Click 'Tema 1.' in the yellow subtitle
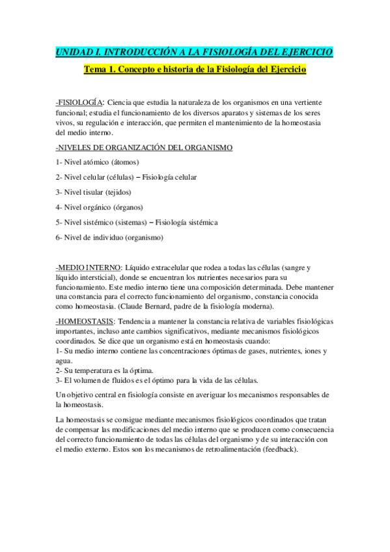coord(98,69)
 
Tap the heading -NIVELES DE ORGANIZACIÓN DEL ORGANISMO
coord(144,148)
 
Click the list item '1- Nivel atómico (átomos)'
coord(98,162)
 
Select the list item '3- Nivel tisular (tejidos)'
coord(94,192)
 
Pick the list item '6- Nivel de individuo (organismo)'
coord(109,238)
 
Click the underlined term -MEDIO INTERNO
coord(89,268)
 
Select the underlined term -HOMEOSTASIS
coord(85,322)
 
